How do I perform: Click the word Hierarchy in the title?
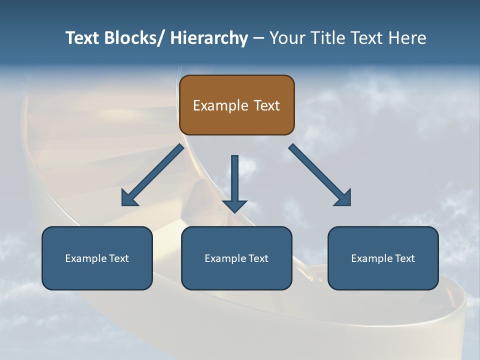[209, 38]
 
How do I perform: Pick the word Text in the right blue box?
[404, 258]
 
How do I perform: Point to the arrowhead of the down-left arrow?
[128, 199]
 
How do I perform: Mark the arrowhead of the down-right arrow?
[343, 198]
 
